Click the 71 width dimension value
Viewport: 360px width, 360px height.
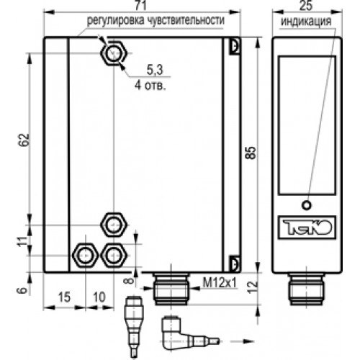tap(140, 5)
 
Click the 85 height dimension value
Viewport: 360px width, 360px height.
tap(251, 152)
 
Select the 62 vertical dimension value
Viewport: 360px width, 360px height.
tap(24, 140)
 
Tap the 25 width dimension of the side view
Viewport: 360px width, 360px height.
tap(306, 5)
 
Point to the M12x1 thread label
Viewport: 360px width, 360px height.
tap(220, 282)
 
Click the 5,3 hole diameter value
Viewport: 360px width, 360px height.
tap(155, 70)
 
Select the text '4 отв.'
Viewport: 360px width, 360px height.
tap(150, 85)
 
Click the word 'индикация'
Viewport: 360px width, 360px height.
tap(306, 22)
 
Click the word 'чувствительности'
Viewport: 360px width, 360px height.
tap(186, 20)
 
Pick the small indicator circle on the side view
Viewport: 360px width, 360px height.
tap(307, 205)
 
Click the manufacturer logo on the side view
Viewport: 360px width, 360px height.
tap(307, 228)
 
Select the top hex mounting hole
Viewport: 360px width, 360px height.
tap(113, 53)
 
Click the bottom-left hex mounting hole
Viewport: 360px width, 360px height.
tap(86, 255)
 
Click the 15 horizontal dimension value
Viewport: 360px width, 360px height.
tap(64, 297)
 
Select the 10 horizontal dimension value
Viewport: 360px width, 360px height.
tap(99, 297)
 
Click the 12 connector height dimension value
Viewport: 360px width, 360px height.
tap(253, 287)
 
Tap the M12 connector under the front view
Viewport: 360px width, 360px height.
tap(171, 289)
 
